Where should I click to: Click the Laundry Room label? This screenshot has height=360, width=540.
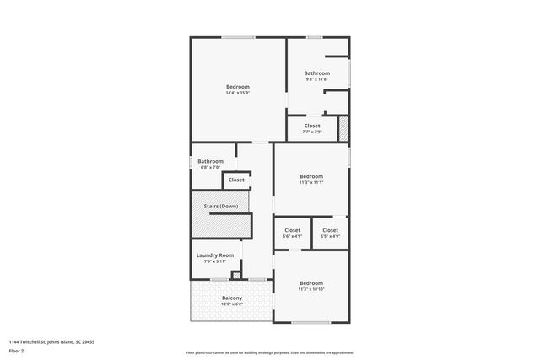click(214, 255)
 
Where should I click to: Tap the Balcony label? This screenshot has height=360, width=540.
click(232, 298)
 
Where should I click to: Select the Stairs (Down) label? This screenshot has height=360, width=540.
click(221, 206)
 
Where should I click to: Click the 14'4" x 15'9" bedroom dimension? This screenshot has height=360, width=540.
click(238, 93)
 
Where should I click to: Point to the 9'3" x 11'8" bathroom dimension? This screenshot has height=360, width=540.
click(316, 79)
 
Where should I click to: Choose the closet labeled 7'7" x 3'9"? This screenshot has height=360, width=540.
click(312, 126)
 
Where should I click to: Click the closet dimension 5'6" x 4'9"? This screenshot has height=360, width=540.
click(292, 236)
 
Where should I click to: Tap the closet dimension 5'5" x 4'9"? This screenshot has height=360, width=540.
click(330, 236)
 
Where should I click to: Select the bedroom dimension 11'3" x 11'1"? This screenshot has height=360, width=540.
click(311, 182)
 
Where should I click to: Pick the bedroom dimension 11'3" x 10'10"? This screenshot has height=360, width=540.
click(311, 289)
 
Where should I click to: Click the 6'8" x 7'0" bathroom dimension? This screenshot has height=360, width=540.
click(210, 167)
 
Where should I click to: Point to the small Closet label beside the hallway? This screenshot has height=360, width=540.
click(236, 180)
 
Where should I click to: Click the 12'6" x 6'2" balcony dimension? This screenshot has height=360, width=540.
click(232, 304)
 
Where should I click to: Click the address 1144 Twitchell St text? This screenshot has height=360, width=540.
click(51, 341)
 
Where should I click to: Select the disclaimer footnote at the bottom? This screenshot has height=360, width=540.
click(269, 352)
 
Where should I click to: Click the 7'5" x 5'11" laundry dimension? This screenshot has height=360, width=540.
click(214, 261)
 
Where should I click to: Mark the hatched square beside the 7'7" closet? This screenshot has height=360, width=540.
click(343, 127)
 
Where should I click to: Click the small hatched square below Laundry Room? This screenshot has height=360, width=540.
click(236, 275)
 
